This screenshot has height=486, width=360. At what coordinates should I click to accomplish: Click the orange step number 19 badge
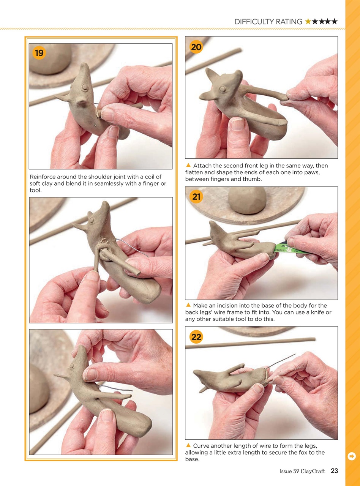coord(39,53)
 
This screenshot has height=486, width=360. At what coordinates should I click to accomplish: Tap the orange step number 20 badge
coord(196,47)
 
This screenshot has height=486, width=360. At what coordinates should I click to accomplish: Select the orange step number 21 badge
coord(196,197)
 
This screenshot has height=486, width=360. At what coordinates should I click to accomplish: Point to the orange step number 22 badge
coord(196,337)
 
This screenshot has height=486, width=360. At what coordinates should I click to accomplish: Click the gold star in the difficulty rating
coord(308,22)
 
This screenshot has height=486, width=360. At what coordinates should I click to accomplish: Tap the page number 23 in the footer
coord(334,471)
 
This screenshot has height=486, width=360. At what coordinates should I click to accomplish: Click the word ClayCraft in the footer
coord(313,471)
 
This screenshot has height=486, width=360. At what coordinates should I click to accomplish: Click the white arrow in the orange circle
coord(352,456)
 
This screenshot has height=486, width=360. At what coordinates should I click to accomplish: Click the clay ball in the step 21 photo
coord(247,200)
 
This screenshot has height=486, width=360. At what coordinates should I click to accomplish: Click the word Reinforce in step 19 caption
coord(44,177)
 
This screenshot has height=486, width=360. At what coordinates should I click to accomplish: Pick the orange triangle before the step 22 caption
coord(188,445)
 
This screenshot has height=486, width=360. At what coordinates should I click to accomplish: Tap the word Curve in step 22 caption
coord(201,446)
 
